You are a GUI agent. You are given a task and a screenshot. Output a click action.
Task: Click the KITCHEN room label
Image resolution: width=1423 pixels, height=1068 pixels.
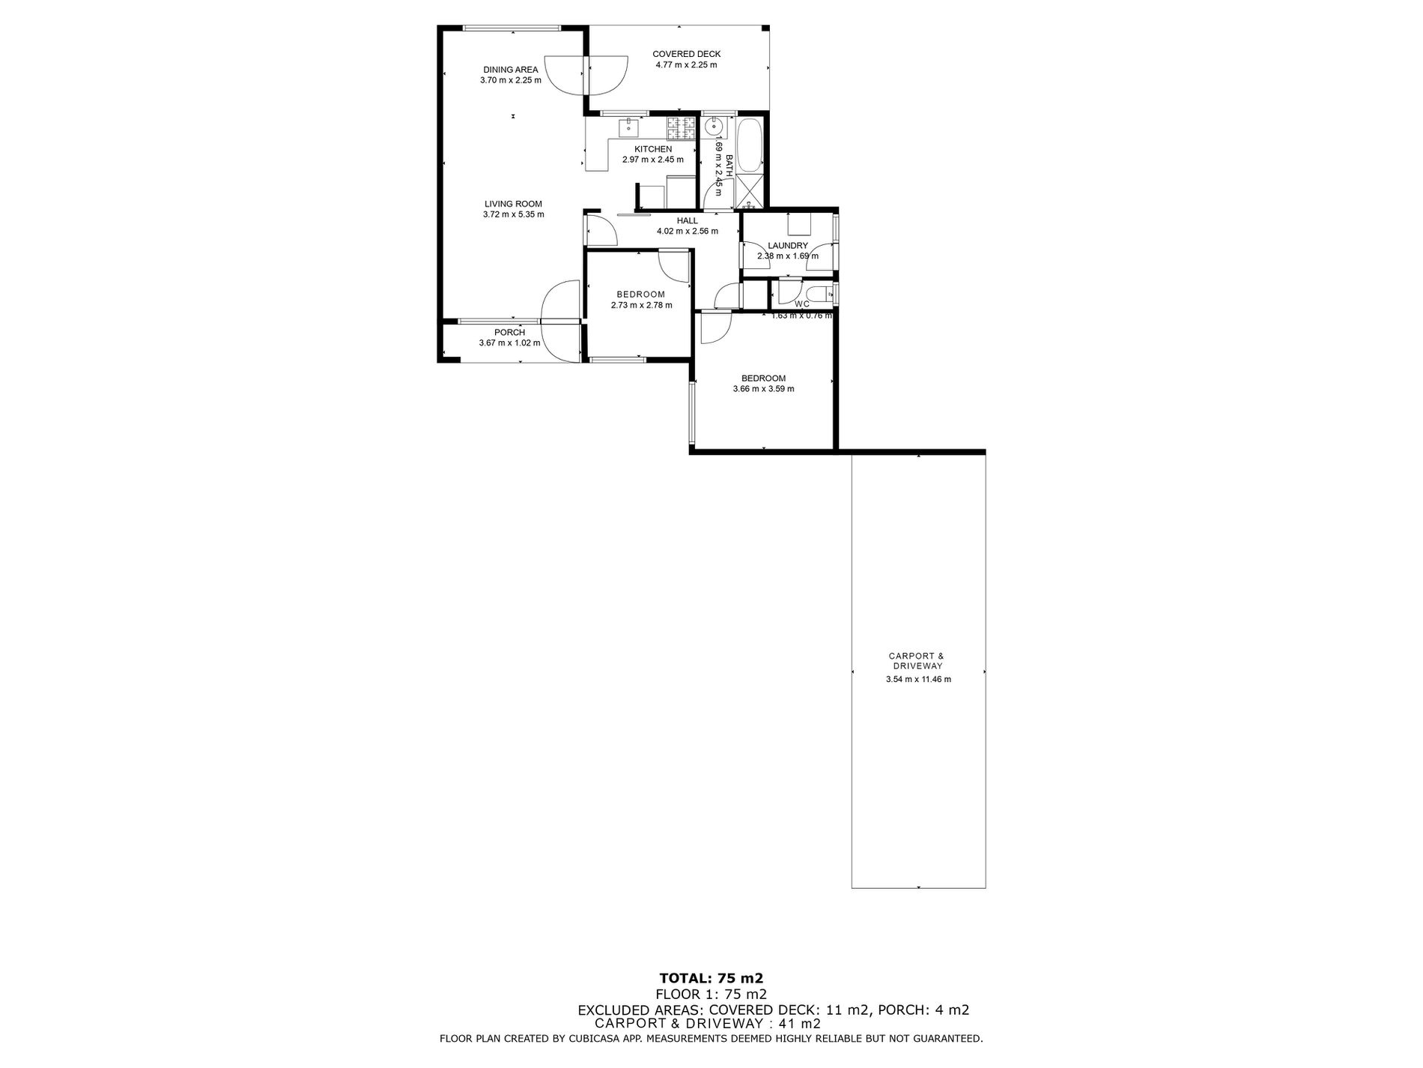[x=653, y=149]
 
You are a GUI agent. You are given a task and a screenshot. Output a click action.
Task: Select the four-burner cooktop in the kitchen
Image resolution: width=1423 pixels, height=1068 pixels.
[x=682, y=129]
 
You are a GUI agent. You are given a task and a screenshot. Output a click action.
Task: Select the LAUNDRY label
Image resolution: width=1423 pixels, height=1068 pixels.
[x=788, y=246]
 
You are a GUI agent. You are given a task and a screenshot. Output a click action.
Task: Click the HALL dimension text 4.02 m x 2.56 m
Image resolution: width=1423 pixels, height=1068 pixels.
[x=687, y=232]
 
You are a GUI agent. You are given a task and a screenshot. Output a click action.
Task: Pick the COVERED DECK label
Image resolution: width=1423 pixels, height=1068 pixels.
[x=686, y=54]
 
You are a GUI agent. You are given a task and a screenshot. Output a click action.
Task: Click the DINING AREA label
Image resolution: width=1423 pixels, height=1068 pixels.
[x=510, y=70]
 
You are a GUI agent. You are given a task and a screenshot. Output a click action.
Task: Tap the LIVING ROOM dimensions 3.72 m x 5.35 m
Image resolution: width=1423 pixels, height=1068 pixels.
[x=513, y=214]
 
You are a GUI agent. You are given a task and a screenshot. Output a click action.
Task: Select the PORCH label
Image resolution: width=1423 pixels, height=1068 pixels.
[x=509, y=333]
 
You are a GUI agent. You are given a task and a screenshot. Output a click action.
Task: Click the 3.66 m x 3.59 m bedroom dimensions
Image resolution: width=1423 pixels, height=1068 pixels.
[x=763, y=389]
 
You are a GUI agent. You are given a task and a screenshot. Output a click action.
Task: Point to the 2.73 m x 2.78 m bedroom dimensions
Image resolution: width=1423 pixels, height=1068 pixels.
[x=641, y=305]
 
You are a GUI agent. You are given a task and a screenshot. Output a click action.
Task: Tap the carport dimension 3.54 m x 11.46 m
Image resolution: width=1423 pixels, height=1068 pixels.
[x=918, y=680]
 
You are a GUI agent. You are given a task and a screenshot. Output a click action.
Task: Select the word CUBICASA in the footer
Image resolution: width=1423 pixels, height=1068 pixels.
[x=586, y=1039]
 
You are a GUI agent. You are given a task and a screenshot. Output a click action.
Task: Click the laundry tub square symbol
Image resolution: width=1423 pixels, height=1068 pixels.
[x=799, y=224]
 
